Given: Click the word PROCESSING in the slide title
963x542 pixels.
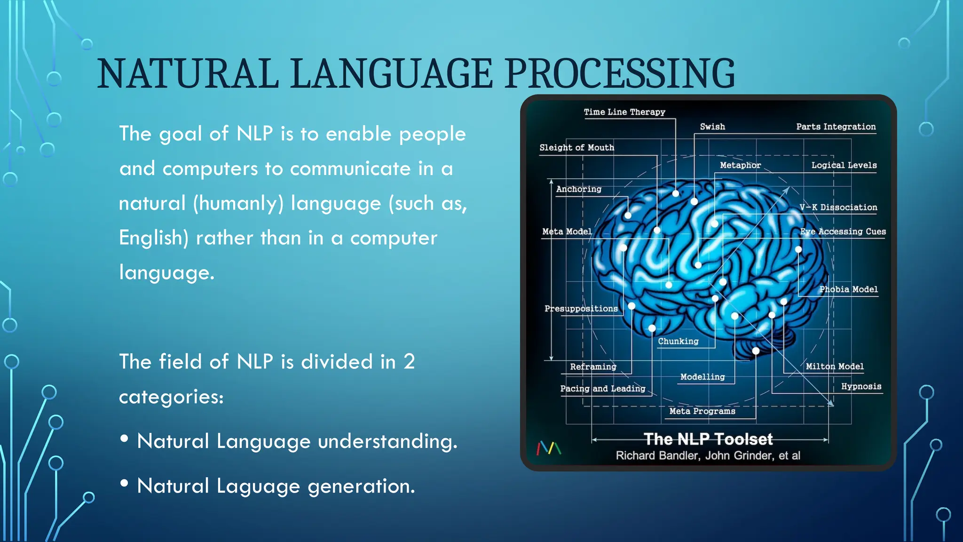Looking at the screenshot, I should click(620, 74).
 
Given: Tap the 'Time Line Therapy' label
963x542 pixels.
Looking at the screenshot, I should click(624, 112).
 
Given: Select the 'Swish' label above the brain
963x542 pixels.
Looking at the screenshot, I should click(712, 127).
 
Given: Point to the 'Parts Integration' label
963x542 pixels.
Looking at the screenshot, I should click(836, 127).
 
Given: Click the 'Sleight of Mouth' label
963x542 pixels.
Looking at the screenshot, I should click(576, 148).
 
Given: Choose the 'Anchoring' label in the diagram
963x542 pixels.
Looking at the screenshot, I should click(578, 189).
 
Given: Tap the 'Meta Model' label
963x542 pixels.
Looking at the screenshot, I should click(567, 231).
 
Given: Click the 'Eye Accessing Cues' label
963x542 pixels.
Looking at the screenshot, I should click(843, 231).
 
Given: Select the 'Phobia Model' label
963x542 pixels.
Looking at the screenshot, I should click(848, 289).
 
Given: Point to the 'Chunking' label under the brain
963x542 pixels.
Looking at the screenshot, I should click(678, 341).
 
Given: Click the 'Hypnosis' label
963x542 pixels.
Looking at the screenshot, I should click(861, 386).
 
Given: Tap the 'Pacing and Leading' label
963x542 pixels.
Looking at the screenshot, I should click(602, 389).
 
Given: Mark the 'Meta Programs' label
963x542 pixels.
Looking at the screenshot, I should click(702, 411).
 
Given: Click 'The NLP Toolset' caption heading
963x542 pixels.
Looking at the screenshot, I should click(708, 439).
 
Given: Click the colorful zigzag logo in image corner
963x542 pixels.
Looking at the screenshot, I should click(549, 448).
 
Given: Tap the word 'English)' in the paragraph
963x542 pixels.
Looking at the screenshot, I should click(154, 238).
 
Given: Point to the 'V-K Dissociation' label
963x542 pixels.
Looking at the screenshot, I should click(838, 207).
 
